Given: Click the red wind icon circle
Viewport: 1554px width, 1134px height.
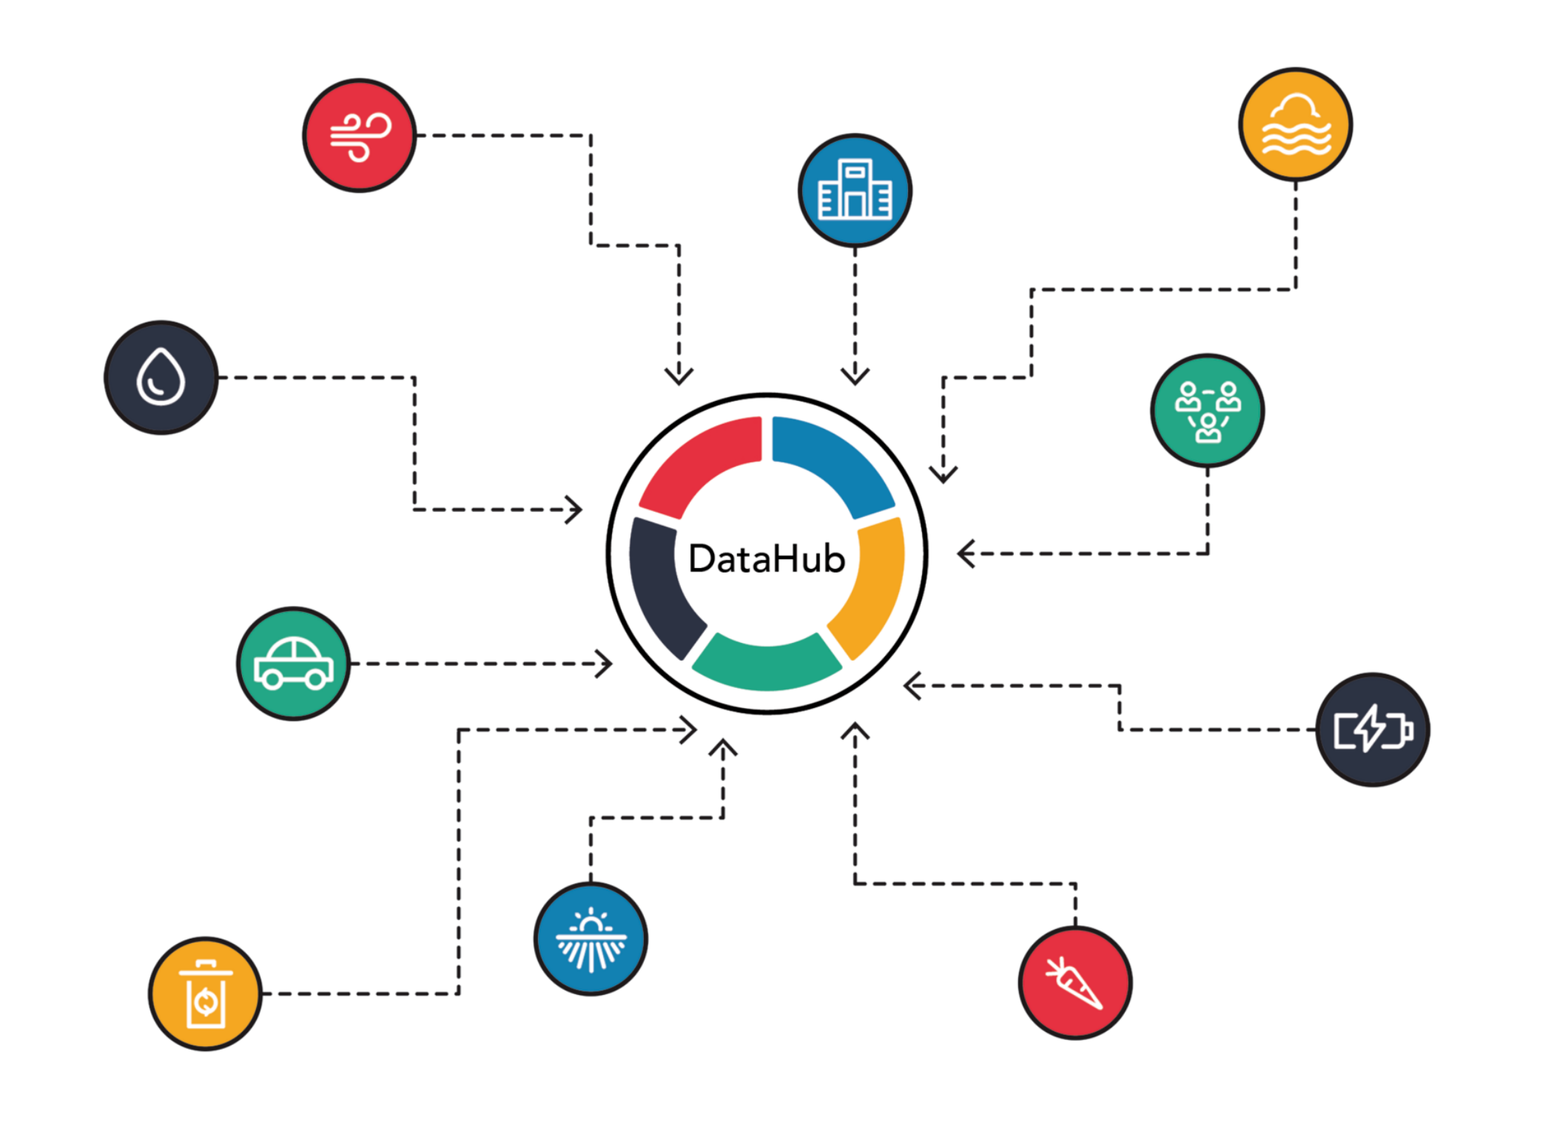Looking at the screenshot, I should [360, 135].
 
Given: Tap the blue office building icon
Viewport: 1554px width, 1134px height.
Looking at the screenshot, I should [855, 191].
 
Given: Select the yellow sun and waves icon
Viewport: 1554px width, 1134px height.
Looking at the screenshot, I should [1295, 124].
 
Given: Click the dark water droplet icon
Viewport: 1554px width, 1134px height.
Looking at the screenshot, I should [161, 377].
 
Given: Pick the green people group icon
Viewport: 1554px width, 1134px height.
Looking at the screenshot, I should [1208, 411].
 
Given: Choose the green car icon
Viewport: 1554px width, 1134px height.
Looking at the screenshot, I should [293, 664].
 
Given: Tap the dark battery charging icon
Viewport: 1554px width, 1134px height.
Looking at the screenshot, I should [1373, 729].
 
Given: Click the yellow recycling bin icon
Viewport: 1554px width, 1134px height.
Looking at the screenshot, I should [205, 993].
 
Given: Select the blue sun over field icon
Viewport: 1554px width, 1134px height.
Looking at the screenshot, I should [591, 939].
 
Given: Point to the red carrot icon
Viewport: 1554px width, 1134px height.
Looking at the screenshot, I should [1074, 982].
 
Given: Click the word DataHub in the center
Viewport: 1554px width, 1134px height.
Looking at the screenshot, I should [767, 558].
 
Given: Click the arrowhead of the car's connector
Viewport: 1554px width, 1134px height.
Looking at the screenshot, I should [605, 664].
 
